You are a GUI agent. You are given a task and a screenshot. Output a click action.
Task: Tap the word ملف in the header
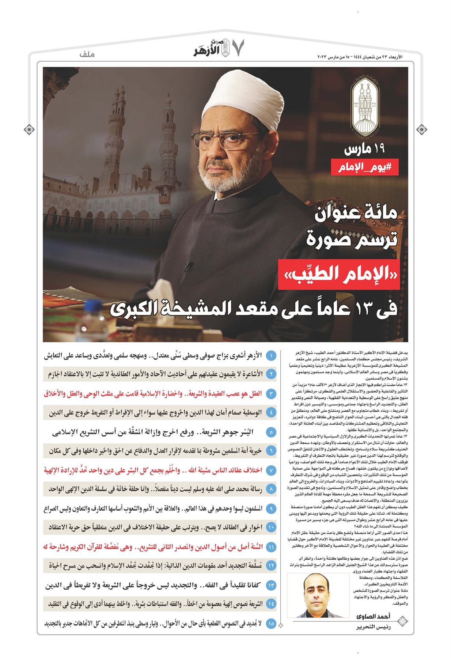point(87,54)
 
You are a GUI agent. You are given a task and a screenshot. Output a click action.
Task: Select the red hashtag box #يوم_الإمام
point(364,167)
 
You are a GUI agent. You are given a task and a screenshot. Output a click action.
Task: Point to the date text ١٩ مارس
point(364,149)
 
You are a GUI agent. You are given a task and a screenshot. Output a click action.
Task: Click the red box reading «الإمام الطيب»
point(338,274)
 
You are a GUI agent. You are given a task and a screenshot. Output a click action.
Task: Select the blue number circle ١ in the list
point(271,356)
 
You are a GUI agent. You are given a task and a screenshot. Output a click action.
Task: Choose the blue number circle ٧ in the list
point(271,470)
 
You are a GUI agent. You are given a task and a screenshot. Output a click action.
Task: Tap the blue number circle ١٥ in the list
point(271,624)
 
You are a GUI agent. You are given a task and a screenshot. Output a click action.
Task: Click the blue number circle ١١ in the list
point(271,547)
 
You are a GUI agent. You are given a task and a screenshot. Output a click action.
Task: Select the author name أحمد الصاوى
point(373,616)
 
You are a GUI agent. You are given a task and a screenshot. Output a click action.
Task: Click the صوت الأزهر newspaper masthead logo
point(212,48)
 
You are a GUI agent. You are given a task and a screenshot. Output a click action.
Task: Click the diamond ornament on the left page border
point(29,129)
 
